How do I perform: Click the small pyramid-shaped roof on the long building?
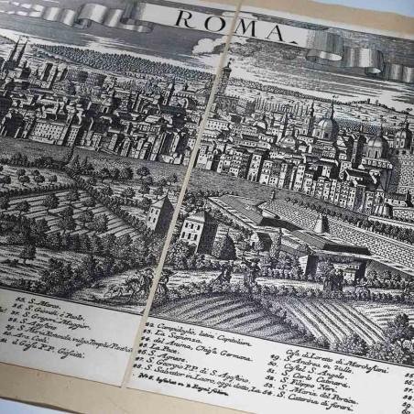[321, 223]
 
